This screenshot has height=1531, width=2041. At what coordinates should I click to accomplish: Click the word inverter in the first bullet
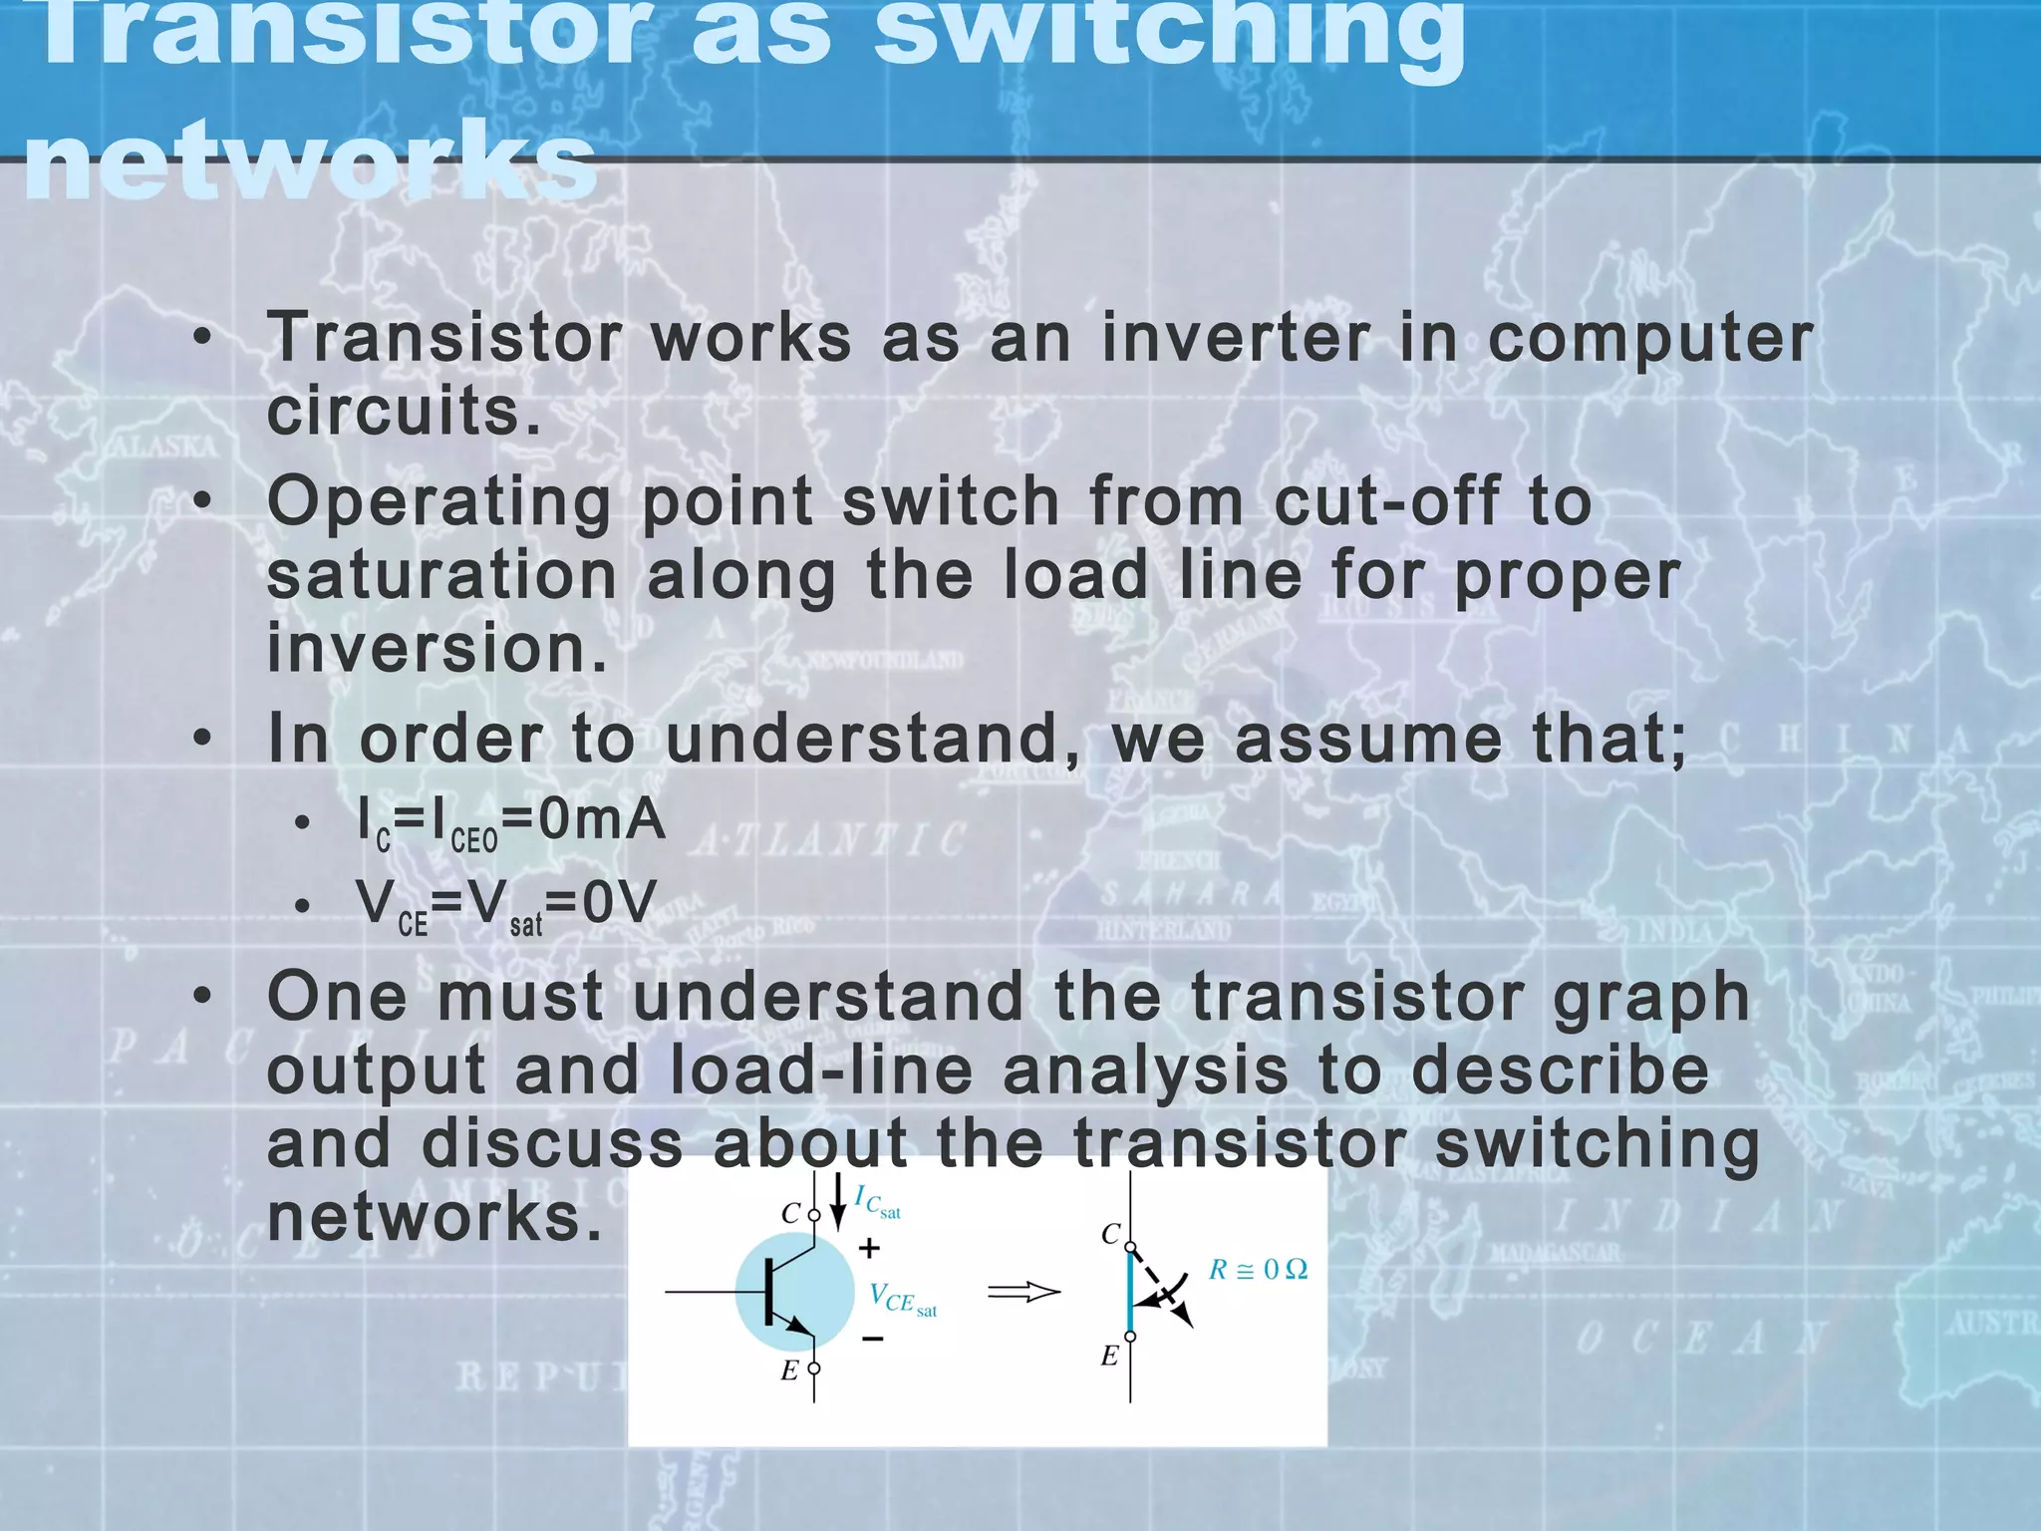pos(1236,338)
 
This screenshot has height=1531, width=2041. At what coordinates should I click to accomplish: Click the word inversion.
pos(437,649)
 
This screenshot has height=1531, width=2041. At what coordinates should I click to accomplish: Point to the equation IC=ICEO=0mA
pos(510,823)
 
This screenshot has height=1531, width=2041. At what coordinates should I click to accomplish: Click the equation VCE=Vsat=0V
pos(506,905)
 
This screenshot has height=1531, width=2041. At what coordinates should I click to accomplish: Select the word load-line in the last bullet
pos(821,1071)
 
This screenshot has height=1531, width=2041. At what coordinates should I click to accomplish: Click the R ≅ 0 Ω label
pos(1258,1270)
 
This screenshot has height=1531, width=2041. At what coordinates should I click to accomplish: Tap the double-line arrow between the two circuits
pos(1023,1293)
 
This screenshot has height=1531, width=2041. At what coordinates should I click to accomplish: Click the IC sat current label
pos(877,1203)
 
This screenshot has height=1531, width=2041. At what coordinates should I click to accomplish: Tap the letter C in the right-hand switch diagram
pos(1110,1235)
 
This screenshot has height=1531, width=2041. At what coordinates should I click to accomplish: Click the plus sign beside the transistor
pos(869,1248)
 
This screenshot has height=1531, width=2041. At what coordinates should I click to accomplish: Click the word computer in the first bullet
pos(1650,338)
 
